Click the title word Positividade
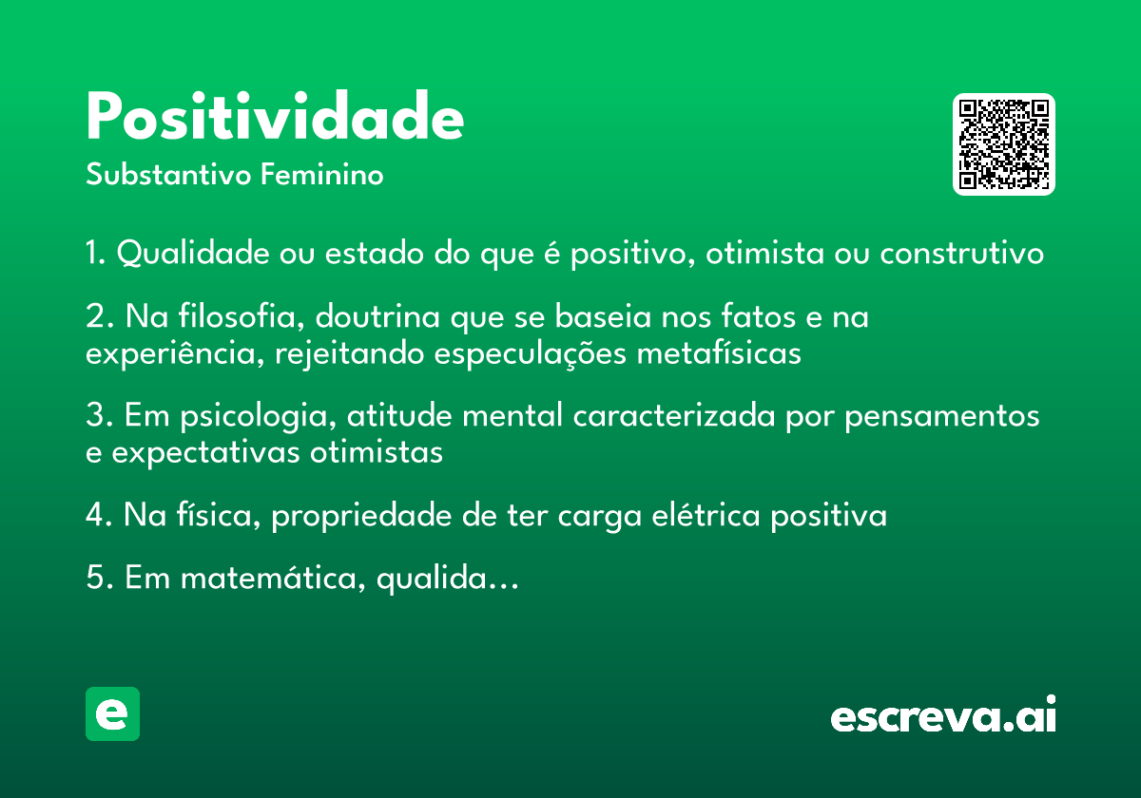coord(275,119)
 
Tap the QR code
coord(1004,144)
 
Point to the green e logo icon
coord(112,713)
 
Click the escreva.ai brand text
coord(943,716)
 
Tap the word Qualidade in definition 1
coord(195,255)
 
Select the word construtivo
coord(961,255)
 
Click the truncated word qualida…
coord(447,579)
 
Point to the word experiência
coord(177,353)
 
